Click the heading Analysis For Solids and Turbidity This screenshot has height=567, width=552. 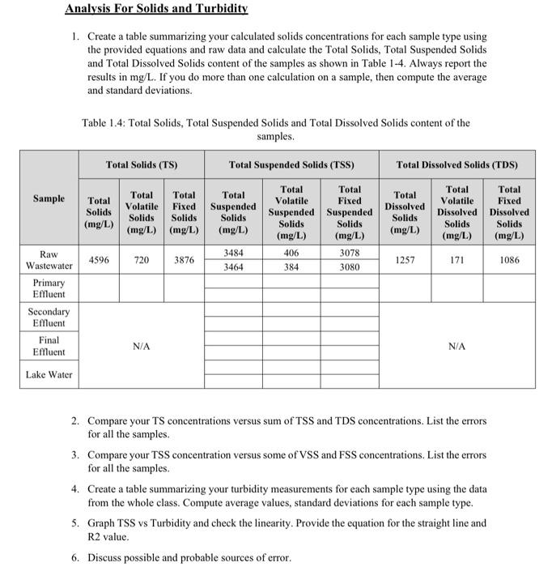(156, 9)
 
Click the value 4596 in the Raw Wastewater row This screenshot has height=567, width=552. (99, 260)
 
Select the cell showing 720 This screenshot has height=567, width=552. (141, 260)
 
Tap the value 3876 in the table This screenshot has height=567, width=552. (184, 260)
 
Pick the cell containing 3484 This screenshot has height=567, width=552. (233, 254)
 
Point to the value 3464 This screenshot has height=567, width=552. (233, 266)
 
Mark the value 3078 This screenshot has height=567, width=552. (350, 254)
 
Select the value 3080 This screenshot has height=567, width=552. (350, 266)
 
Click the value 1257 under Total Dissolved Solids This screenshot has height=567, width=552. (405, 260)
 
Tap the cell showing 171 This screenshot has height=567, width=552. (457, 260)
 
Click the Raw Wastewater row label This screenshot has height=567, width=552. (49, 260)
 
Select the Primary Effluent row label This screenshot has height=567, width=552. (49, 288)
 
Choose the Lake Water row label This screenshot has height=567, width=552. (49, 374)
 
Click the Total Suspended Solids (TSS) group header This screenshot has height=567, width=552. (291, 164)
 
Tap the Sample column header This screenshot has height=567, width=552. (49, 198)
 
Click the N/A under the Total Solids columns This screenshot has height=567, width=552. (141, 346)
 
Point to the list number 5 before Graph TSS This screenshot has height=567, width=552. (74, 523)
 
